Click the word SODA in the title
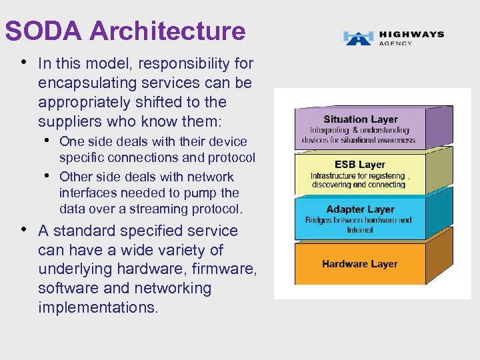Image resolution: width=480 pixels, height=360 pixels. coord(43,31)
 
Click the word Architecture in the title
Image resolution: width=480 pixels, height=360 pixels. coord(167,31)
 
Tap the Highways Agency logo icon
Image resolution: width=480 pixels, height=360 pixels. coord(358,37)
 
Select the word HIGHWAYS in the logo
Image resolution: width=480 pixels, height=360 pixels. coord(411,34)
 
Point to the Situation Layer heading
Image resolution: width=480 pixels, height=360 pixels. coord(361,119)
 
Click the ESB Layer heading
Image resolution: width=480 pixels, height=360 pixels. coord(360,165)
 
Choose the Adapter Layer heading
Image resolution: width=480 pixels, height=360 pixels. coord(360,210)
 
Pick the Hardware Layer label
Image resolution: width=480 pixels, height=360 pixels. coord(359,264)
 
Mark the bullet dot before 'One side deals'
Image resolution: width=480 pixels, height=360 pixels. coord(49,140)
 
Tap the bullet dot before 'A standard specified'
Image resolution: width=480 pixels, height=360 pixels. coord(25,229)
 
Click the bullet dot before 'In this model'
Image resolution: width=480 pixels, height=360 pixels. coord(25,63)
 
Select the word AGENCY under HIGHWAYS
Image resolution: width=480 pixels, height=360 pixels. coord(396,43)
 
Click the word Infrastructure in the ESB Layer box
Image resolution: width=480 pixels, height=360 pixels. coord(334,177)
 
